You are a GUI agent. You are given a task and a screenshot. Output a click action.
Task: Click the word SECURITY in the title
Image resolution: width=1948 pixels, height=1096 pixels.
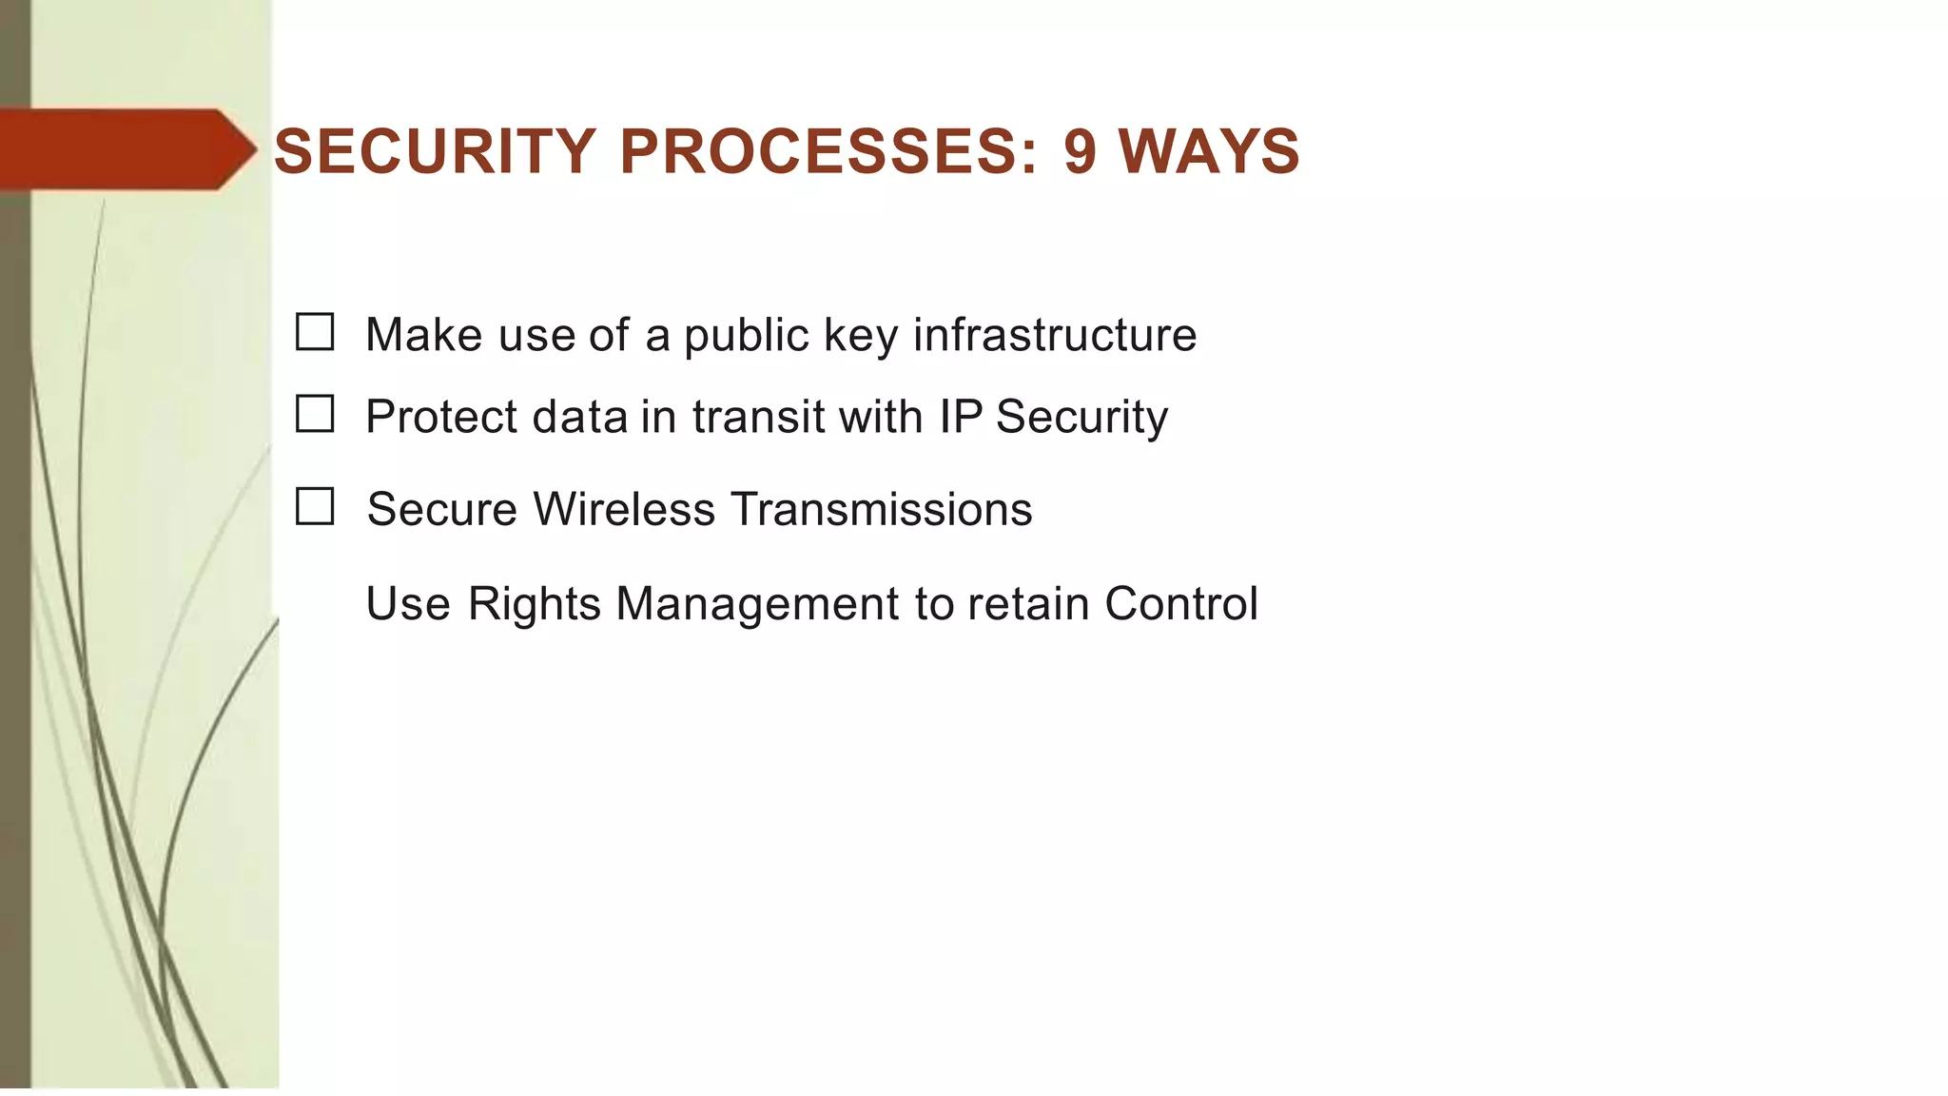[x=435, y=151]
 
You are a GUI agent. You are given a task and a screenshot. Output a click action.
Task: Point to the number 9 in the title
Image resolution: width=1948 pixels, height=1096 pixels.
[x=1080, y=151]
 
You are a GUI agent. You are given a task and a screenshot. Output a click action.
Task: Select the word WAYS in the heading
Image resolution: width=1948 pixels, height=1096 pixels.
[x=1209, y=151]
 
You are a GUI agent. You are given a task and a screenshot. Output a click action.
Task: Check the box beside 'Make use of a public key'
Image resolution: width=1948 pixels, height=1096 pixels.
[x=315, y=332]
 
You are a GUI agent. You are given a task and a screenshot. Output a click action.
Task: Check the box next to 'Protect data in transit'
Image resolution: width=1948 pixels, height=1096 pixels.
[x=315, y=414]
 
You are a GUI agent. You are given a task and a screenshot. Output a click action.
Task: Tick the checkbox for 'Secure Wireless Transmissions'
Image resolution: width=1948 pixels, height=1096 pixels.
[x=315, y=506]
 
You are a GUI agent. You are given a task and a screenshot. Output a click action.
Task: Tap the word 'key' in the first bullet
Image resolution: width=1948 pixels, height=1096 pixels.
[x=860, y=336]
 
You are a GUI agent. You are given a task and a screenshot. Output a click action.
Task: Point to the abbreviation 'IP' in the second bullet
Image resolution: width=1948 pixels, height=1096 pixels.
[x=961, y=417]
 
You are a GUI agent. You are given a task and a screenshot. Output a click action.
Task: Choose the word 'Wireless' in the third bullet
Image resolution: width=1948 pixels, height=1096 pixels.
[x=624, y=509]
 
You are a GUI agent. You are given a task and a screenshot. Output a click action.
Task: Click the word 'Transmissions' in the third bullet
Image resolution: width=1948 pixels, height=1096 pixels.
[x=882, y=509]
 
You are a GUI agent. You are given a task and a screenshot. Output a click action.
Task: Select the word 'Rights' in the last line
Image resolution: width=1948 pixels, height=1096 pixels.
[x=534, y=604]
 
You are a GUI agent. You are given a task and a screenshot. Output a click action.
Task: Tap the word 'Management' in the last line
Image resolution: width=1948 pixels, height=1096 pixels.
[x=757, y=604]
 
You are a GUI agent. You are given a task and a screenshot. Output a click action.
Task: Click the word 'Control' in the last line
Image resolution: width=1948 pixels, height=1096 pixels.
[x=1181, y=604]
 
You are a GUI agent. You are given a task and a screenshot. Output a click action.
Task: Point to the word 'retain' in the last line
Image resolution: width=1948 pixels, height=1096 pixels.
[x=1028, y=604]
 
